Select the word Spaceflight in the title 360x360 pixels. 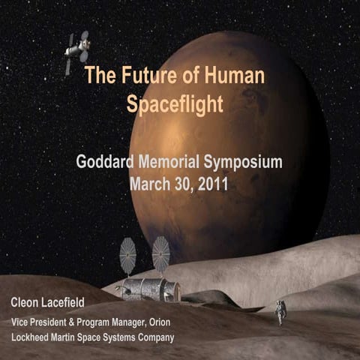[175, 103]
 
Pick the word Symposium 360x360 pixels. [247, 162]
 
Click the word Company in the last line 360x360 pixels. [154, 337]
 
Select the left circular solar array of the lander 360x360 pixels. [128, 256]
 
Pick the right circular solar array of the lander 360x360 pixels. [160, 254]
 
